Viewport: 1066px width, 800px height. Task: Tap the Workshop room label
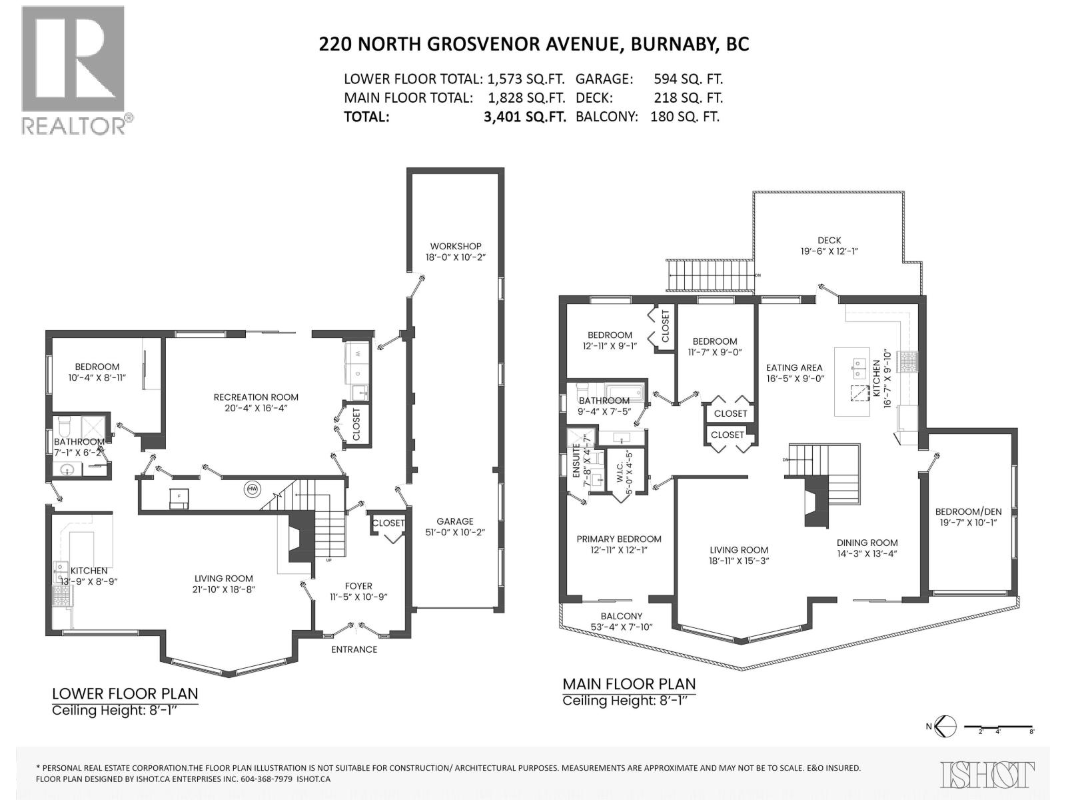tap(455, 246)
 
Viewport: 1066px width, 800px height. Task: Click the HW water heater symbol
tap(253, 488)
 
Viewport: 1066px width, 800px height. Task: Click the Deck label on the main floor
tap(829, 240)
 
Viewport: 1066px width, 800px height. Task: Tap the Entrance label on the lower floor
tap(354, 649)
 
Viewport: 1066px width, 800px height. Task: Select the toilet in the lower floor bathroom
tap(65, 425)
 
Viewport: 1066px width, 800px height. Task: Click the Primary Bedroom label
tap(619, 539)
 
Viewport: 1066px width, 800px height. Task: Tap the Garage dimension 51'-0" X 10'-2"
tap(455, 533)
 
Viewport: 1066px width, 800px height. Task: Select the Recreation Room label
tap(256, 397)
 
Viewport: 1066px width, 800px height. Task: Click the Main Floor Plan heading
tap(628, 683)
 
